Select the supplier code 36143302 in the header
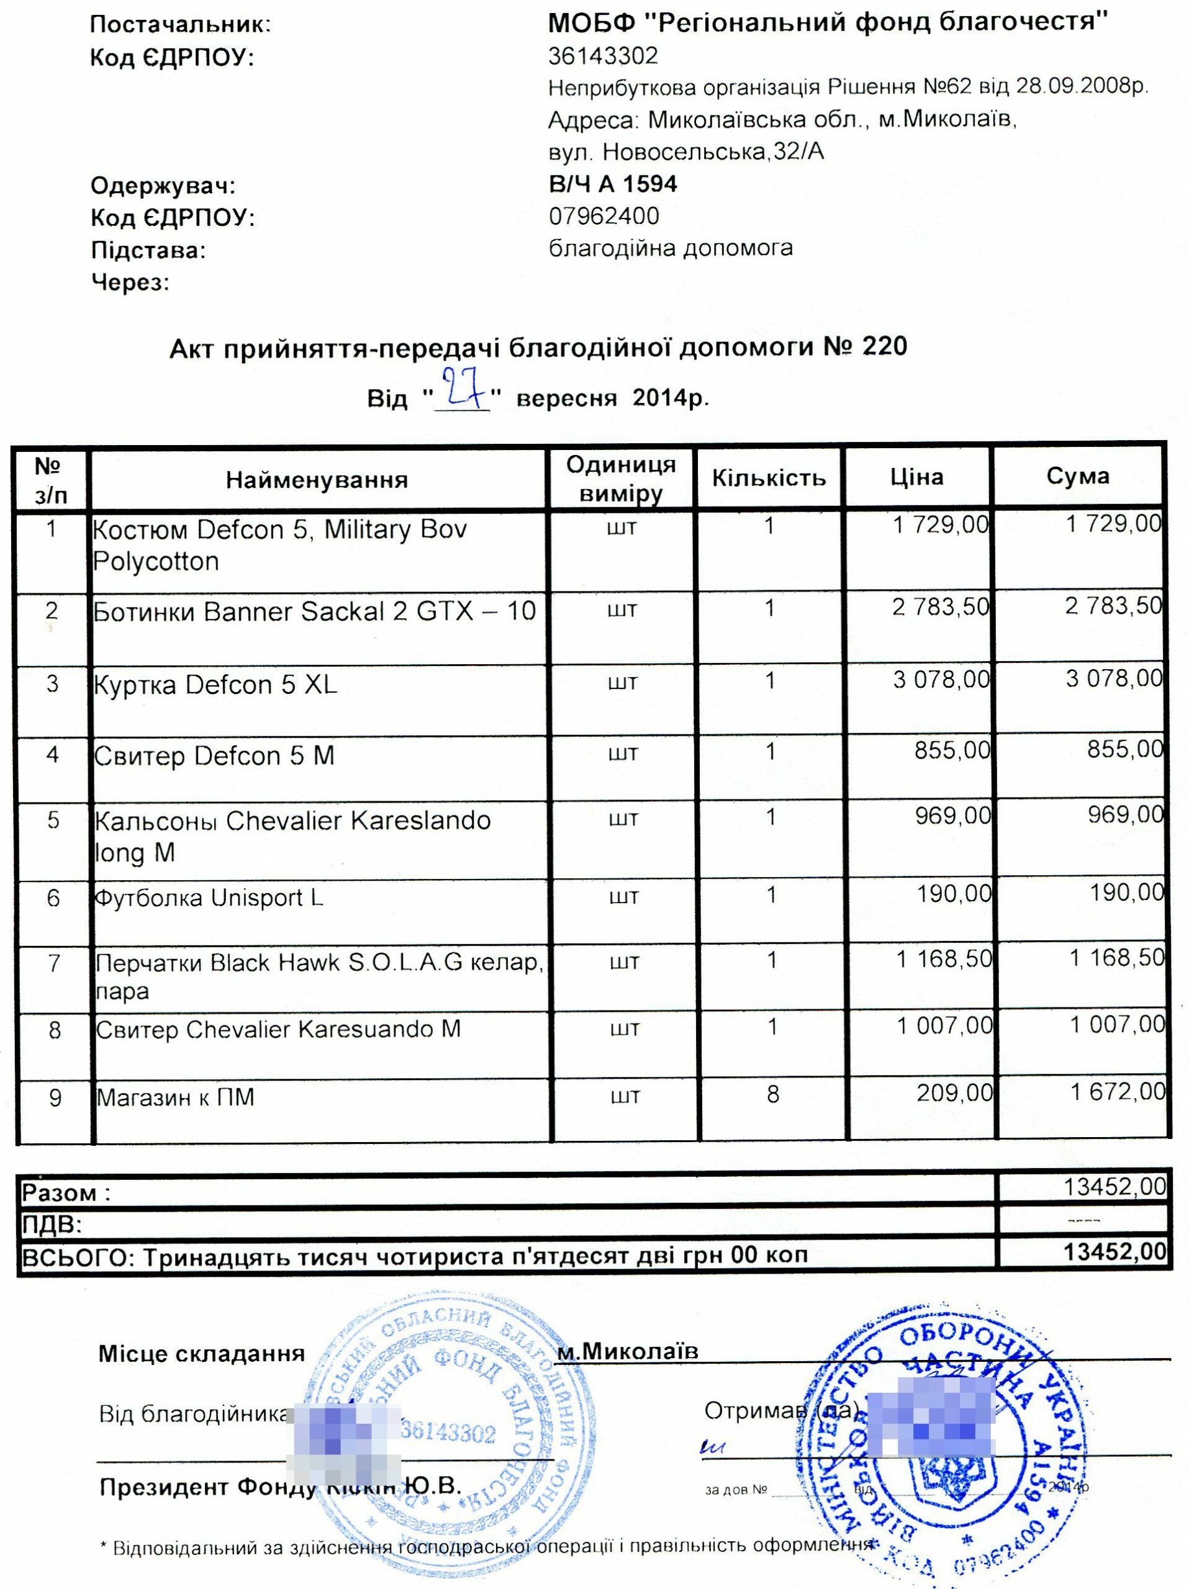[x=603, y=55]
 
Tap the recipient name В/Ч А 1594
[x=612, y=184]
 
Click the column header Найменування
[x=317, y=480]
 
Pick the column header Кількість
[x=769, y=479]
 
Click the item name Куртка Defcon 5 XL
[x=215, y=685]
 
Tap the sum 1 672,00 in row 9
[x=1116, y=1092]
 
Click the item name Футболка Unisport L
[x=210, y=898]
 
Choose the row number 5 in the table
[x=53, y=821]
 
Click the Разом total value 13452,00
[x=1114, y=1187]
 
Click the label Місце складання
[x=201, y=1353]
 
